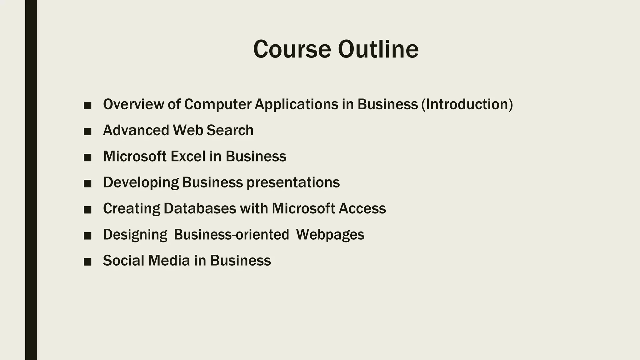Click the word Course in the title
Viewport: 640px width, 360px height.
pos(292,49)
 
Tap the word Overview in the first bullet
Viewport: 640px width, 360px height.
pos(133,104)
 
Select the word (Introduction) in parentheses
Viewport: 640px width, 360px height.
pos(467,104)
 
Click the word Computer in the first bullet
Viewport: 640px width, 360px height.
pos(218,105)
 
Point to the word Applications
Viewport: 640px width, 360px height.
pos(296,105)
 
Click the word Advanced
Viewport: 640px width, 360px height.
pos(136,130)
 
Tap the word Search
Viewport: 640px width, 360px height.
pos(230,130)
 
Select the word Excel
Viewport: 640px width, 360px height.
pos(188,156)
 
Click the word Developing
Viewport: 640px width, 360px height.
pos(141,183)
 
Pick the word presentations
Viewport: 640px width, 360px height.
pos(293,183)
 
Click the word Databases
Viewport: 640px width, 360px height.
pos(200,208)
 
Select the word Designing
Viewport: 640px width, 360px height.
pos(135,235)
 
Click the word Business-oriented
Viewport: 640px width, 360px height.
pos(232,235)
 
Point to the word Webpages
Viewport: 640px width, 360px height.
pos(330,235)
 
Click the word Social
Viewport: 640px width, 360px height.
pos(124,261)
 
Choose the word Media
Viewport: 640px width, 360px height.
pos(169,261)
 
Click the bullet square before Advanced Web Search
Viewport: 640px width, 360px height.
pos(87,132)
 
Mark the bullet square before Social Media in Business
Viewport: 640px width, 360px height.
pos(87,262)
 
